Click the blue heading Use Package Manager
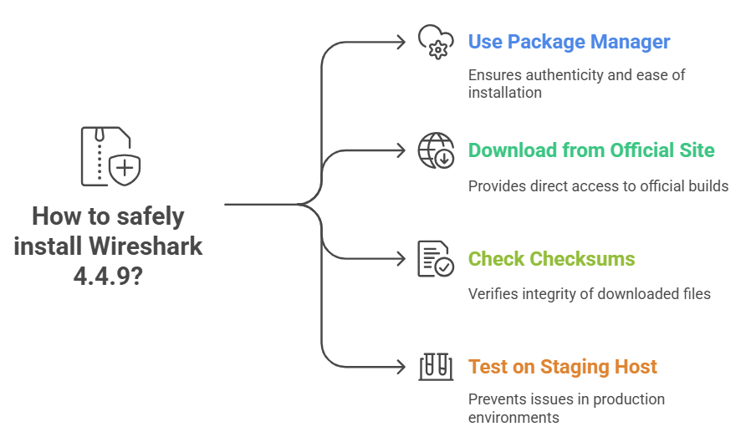[569, 41]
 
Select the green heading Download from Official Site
[591, 150]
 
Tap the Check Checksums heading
[551, 259]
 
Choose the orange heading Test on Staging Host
[562, 367]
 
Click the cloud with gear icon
[435, 42]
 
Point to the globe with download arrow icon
[435, 151]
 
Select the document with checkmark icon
[435, 259]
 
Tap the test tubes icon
[435, 366]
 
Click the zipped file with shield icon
[110, 157]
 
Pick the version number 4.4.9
[100, 275]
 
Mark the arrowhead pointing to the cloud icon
[401, 42]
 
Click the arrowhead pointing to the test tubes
[401, 366]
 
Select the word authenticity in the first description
[559, 75]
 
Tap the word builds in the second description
[707, 185]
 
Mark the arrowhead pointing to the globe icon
[401, 151]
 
